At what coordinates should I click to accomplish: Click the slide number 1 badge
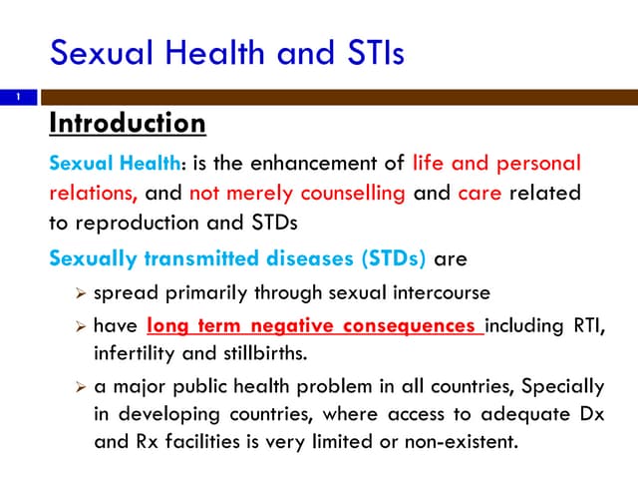(17, 98)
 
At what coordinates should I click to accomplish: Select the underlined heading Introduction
(128, 124)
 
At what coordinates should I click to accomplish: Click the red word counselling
(352, 193)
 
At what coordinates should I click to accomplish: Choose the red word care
(480, 193)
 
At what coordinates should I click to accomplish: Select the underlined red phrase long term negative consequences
(314, 326)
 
